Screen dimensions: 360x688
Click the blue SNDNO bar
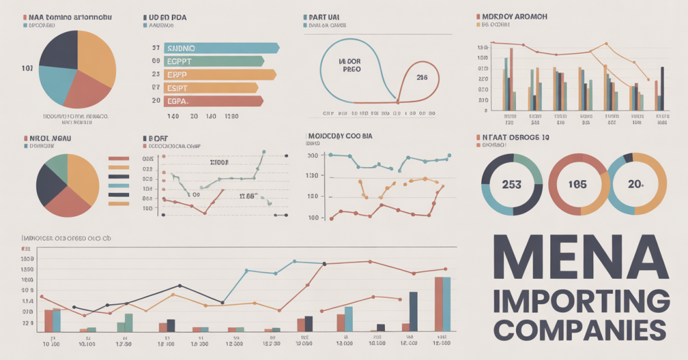pos(222,48)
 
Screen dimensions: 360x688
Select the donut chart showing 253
pos(513,184)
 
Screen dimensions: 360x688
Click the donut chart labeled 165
pos(578,184)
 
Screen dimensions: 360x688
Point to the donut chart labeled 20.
pos(638,184)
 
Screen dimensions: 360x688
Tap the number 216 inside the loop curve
pos(423,78)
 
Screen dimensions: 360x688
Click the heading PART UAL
pos(327,15)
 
